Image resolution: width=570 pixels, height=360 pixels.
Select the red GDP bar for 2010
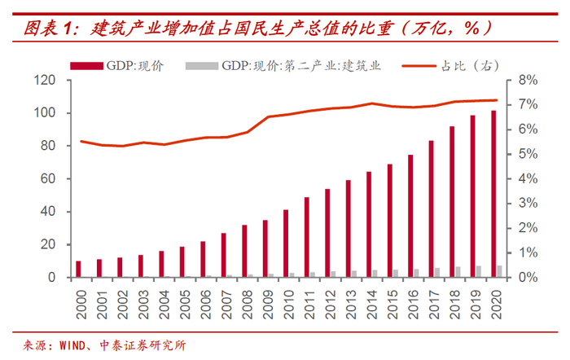click(286, 244)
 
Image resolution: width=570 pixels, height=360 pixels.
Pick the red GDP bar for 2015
click(390, 221)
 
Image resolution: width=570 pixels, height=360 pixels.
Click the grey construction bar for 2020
click(500, 271)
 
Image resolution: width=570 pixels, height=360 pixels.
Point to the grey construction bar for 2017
click(437, 273)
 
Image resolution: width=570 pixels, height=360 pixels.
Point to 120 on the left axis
click(45, 81)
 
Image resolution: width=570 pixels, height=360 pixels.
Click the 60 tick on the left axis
click(48, 179)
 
